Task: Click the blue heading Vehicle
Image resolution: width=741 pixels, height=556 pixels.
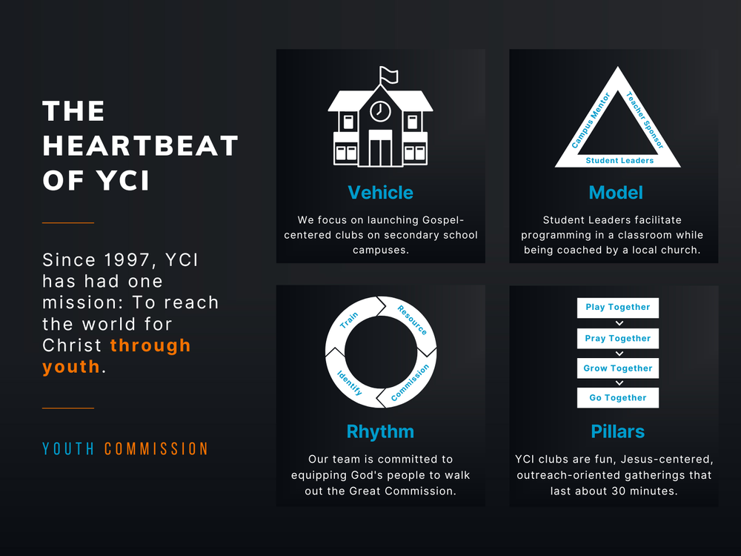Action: (x=380, y=193)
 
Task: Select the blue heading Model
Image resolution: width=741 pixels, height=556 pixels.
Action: (x=616, y=193)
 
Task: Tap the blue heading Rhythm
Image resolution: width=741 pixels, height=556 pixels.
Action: (x=380, y=431)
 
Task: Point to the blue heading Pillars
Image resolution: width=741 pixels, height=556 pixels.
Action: (x=617, y=431)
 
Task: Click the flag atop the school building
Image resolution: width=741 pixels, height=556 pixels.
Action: (x=388, y=75)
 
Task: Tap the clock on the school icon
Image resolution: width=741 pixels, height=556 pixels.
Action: (x=380, y=111)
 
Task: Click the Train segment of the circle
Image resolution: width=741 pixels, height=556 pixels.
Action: (x=350, y=320)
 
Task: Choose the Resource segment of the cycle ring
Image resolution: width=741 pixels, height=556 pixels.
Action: (x=412, y=320)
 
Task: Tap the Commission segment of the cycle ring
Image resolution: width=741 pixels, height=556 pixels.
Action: (x=410, y=383)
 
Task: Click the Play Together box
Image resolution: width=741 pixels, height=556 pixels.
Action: (x=617, y=308)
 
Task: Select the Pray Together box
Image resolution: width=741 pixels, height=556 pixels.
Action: (x=617, y=339)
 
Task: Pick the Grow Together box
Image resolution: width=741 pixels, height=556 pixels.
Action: (x=617, y=368)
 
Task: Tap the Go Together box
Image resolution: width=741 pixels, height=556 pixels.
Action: (x=617, y=398)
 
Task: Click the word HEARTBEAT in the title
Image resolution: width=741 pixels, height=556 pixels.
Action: (x=140, y=145)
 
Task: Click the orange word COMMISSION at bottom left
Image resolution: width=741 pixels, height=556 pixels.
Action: (x=156, y=449)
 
